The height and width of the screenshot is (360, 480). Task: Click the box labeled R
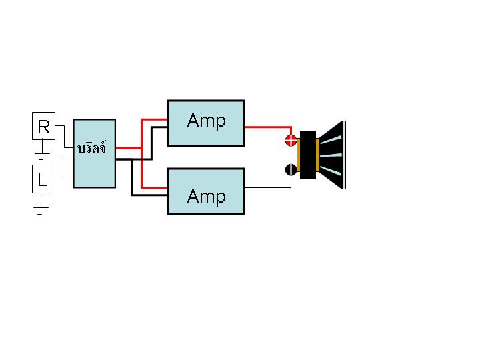tap(43, 126)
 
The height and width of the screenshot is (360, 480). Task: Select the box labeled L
tap(43, 179)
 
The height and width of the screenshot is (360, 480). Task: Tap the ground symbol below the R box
tap(42, 156)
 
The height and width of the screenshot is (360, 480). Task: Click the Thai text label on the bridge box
tap(92, 147)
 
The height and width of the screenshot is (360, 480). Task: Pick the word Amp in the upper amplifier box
tap(206, 121)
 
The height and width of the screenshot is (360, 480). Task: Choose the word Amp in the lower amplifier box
tap(206, 197)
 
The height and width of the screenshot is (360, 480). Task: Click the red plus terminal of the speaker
tap(291, 140)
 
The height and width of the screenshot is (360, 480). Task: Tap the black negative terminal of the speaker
tap(291, 169)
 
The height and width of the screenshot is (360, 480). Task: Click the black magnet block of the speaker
tap(308, 155)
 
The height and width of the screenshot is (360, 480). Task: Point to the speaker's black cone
tap(331, 155)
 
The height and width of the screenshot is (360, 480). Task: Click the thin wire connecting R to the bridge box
tap(64, 137)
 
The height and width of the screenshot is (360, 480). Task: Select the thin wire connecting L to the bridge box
tap(63, 169)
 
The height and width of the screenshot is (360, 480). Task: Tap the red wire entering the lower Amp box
tap(141, 168)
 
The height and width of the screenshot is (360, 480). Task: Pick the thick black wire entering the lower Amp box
tap(131, 177)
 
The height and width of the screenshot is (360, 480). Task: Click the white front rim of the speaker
tap(344, 155)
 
